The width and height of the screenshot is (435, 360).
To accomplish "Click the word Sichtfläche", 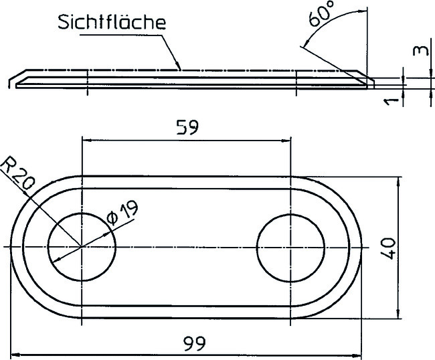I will [111, 21].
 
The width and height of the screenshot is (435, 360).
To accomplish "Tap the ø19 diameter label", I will [122, 213].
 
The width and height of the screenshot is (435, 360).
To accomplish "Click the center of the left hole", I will [82, 248].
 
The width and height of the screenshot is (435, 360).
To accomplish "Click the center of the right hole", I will [290, 248].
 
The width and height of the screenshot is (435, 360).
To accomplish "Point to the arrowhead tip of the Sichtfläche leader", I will [180, 69].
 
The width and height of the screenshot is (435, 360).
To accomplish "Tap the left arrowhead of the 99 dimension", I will [13, 355].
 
